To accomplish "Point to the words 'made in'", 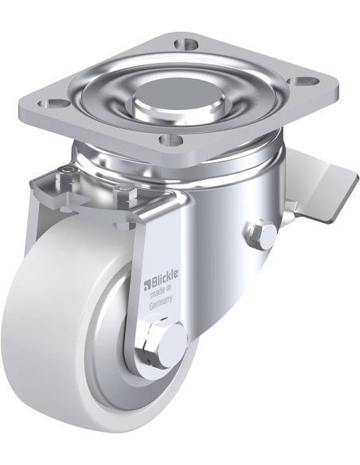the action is pyautogui.click(x=161, y=293).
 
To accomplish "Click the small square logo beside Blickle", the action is pyautogui.click(x=147, y=284).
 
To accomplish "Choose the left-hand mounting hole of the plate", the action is pyautogui.click(x=53, y=104).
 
